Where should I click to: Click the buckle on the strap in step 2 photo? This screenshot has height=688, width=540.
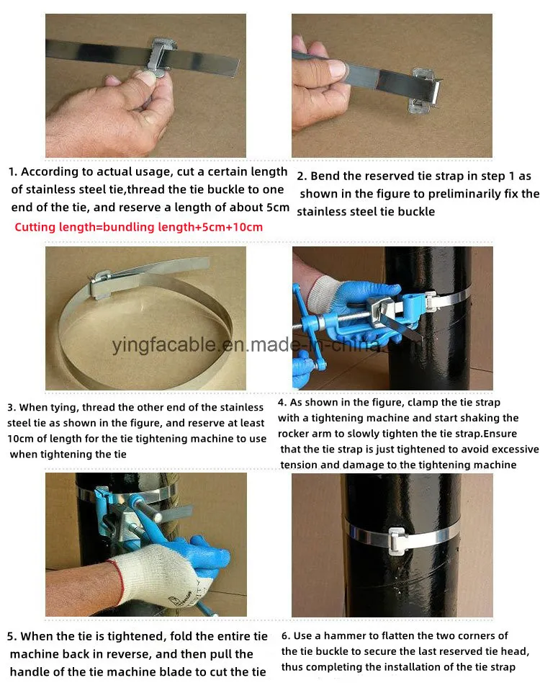424,90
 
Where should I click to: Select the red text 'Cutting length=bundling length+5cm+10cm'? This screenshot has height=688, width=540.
139,227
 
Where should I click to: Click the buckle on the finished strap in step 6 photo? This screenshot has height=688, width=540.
397,540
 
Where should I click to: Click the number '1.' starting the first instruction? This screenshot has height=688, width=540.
13,171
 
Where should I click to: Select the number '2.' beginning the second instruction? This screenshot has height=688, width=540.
302,177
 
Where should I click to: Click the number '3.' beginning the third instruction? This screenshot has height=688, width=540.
12,408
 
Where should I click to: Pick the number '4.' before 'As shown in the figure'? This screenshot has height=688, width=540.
282,403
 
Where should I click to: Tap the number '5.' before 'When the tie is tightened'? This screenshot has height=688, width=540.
12,637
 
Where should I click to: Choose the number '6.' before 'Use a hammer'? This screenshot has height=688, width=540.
286,636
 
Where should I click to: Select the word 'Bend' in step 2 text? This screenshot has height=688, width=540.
325,177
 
